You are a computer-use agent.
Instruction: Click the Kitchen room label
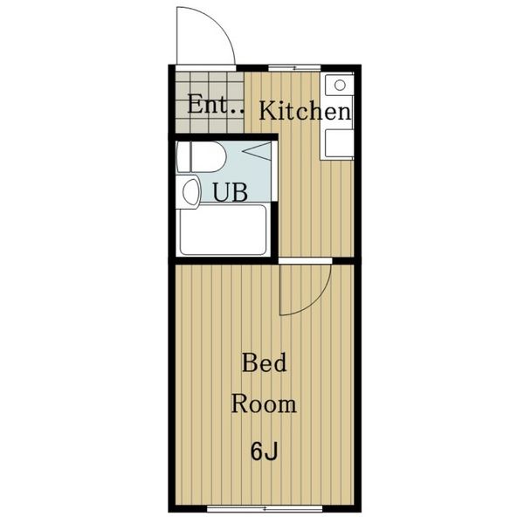pyautogui.click(x=305, y=111)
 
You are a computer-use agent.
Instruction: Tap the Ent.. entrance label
pyautogui.click(x=216, y=105)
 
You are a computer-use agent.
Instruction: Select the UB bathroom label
pyautogui.click(x=231, y=192)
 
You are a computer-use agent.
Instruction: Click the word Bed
pyautogui.click(x=264, y=363)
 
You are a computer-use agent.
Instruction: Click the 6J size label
pyautogui.click(x=264, y=452)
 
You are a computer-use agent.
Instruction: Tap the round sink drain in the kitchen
pyautogui.click(x=340, y=86)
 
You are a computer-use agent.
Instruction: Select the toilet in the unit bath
pyautogui.click(x=201, y=156)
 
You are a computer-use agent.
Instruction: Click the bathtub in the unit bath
pyautogui.click(x=224, y=231)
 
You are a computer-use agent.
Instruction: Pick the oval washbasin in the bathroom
pyautogui.click(x=191, y=192)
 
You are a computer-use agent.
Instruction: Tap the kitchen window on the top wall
pyautogui.click(x=294, y=68)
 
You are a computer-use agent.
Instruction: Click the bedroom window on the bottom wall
pyautogui.click(x=265, y=508)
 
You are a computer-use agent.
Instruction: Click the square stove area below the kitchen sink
pyautogui.click(x=340, y=142)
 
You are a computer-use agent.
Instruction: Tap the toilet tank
pyautogui.click(x=183, y=156)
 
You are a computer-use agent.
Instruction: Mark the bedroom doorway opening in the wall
pyautogui.click(x=305, y=260)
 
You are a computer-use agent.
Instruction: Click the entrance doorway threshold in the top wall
pyautogui.click(x=206, y=68)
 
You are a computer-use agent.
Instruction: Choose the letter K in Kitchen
pyautogui.click(x=266, y=111)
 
